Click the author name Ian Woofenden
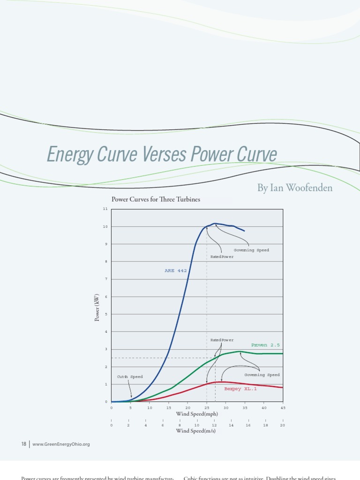point(295,188)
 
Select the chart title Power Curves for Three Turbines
point(156,199)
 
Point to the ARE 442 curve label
point(175,270)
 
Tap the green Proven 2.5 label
point(265,345)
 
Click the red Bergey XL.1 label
point(240,389)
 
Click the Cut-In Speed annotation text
point(129,376)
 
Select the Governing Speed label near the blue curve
point(251,250)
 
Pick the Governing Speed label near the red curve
point(262,375)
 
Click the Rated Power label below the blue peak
point(222,256)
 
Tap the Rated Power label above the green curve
point(222,340)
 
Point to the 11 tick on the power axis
point(105,209)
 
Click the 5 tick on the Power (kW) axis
point(106,314)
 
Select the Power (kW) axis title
point(97,307)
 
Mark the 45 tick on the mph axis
point(283,408)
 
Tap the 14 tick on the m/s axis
point(231,425)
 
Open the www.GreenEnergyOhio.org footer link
point(60,444)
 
